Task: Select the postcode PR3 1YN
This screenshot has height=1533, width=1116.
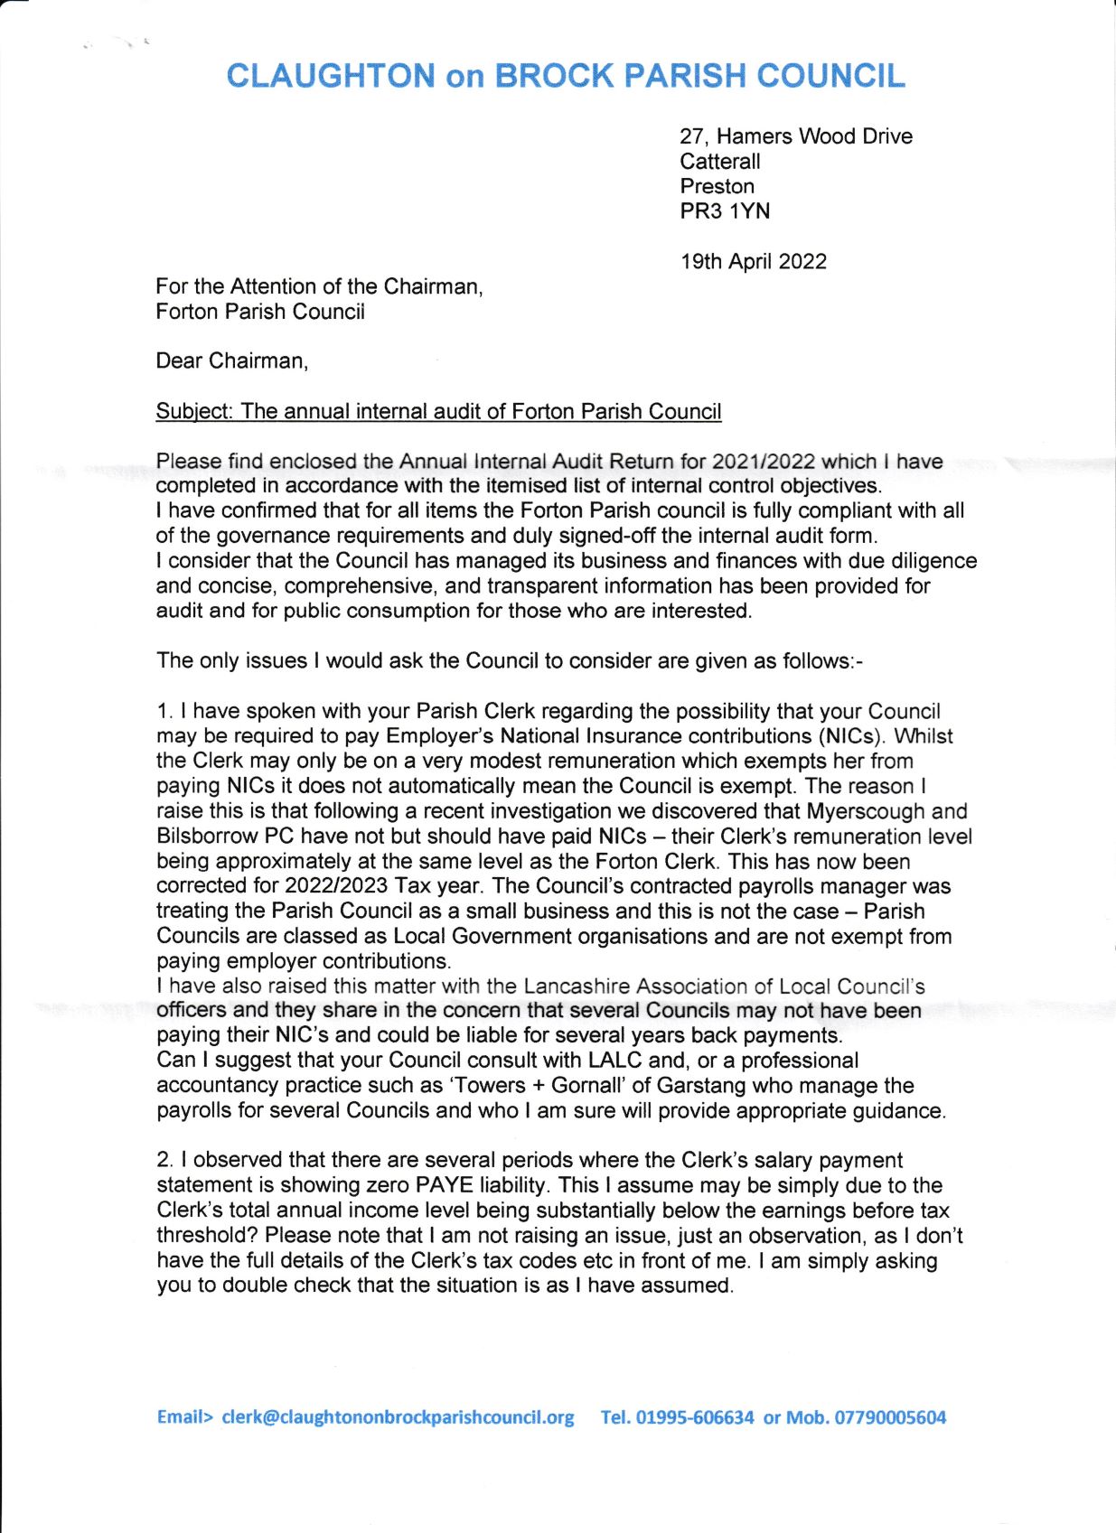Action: click(725, 211)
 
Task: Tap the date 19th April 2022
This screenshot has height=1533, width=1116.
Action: click(753, 262)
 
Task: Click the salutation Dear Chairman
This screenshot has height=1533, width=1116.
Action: click(231, 361)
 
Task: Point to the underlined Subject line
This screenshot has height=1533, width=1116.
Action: click(438, 412)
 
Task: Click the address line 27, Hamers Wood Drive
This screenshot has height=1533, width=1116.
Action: click(795, 136)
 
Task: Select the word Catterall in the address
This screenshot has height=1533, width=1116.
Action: click(719, 162)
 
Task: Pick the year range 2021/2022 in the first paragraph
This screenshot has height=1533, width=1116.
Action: click(763, 462)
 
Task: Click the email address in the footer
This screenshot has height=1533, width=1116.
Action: click(398, 1417)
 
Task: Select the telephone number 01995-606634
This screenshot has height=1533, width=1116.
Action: click(695, 1417)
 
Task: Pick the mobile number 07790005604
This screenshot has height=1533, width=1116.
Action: click(889, 1417)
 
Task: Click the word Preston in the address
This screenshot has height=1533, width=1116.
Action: click(717, 187)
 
